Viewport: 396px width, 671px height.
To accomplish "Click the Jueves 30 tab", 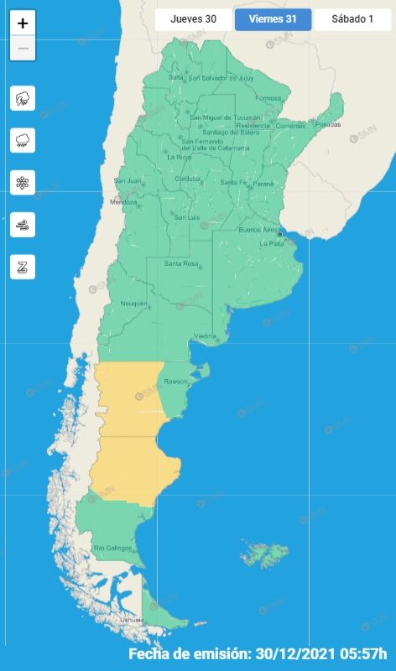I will coord(192,18).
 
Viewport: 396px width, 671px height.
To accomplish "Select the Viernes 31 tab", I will coord(273,18).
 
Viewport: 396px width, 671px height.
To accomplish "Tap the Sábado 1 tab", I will coord(352,18).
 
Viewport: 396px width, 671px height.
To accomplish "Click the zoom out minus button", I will coord(23,49).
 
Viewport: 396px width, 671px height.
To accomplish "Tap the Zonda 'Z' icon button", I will coord(23,267).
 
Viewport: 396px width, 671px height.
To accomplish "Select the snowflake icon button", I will coord(23,182).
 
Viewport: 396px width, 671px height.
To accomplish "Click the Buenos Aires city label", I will coord(258,229).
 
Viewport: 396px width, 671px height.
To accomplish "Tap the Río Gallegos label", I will coord(112,548).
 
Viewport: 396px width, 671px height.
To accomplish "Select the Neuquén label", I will coord(133,303).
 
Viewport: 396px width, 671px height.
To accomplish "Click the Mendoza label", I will coord(122,202).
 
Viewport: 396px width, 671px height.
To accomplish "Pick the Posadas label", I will coord(329,124).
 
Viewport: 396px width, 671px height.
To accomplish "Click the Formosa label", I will coord(268,98).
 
